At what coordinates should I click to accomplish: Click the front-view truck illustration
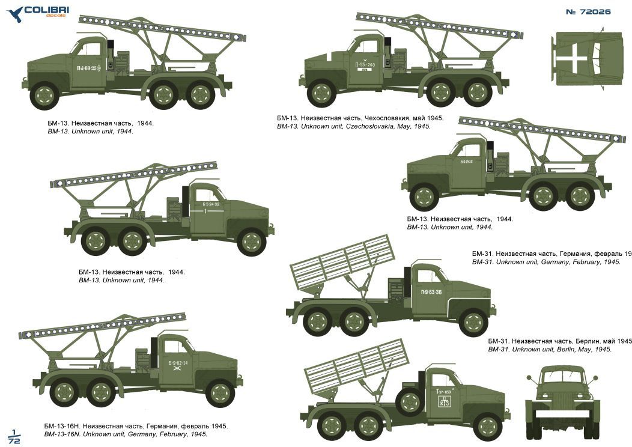(x=563, y=400)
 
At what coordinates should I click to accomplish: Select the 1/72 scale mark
(x=14, y=437)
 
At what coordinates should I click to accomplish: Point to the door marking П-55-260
(x=365, y=64)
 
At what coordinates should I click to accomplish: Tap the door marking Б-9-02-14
(x=178, y=362)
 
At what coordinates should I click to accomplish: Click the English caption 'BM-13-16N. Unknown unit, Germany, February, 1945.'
(x=127, y=434)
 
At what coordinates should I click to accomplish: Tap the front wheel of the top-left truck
(x=45, y=96)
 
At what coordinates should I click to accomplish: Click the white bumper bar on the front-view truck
(x=562, y=414)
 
